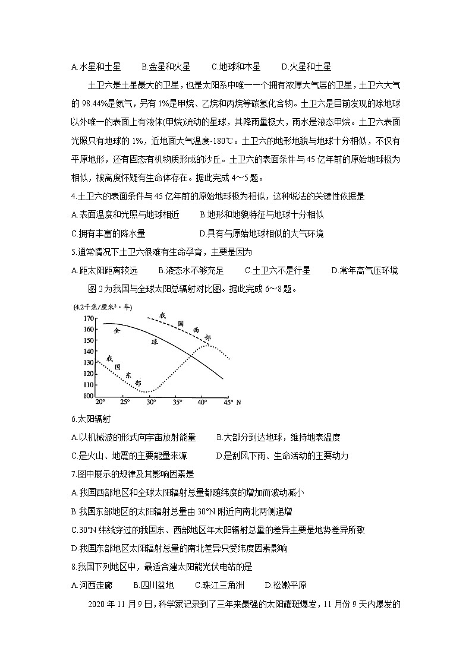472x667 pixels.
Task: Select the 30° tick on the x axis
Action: [151, 402]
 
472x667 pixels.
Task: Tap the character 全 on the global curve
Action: [117, 330]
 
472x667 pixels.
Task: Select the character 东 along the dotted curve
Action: [128, 375]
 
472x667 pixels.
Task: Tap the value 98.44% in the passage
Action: [93, 103]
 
